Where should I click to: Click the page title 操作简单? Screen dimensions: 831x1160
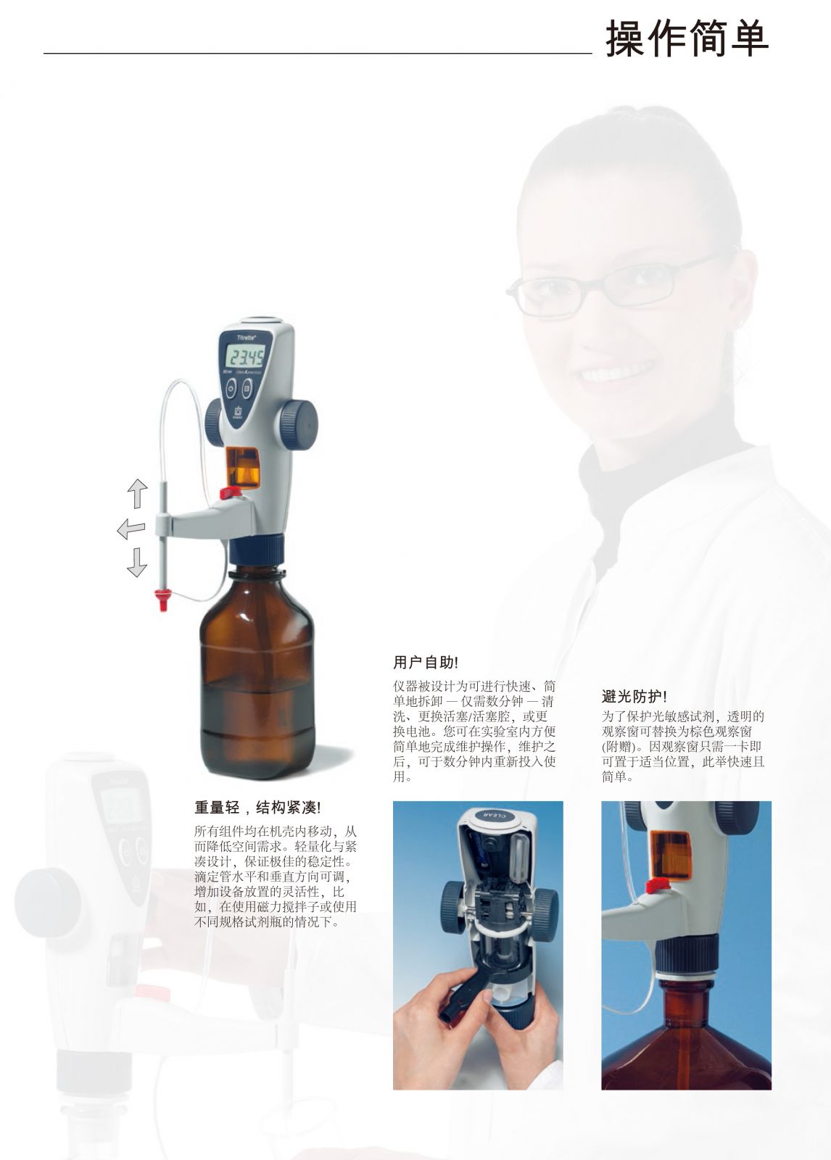coord(687,39)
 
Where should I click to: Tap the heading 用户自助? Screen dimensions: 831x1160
coord(426,663)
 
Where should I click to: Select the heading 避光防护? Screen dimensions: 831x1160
coord(634,697)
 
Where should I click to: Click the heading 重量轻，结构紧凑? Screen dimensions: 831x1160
coord(258,808)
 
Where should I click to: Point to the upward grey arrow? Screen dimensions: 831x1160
coord(137,493)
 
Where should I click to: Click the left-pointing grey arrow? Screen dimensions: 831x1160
coord(131,530)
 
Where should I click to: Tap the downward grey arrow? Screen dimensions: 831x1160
coord(137,563)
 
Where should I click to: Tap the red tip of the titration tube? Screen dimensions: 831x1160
coord(163,600)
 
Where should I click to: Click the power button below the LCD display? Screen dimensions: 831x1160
coord(231,387)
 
